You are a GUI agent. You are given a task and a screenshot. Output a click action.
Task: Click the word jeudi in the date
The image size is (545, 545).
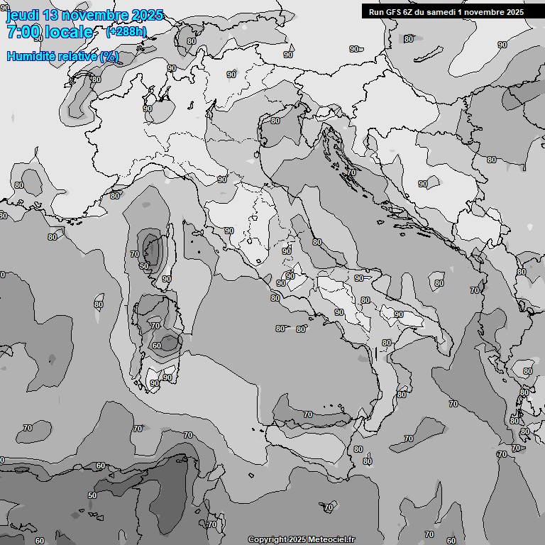coord(22,15)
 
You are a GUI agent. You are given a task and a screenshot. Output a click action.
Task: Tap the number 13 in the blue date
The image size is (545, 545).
coord(50,15)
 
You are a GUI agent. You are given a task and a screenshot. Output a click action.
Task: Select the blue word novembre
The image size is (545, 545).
coord(94,15)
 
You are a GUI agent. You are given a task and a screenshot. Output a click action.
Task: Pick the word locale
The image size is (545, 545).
coord(69,32)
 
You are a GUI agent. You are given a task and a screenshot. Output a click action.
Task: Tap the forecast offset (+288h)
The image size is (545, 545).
coord(126,32)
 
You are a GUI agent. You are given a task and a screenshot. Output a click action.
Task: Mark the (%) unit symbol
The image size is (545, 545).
coord(109,57)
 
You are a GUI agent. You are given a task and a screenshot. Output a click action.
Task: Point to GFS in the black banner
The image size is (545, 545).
coord(395,12)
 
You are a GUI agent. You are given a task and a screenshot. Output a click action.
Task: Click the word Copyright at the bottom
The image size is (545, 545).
coord(267,540)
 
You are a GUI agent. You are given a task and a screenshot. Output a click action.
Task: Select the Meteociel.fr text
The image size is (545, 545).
coord(331,540)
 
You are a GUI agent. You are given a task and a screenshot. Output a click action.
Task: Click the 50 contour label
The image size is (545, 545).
coord(92,495)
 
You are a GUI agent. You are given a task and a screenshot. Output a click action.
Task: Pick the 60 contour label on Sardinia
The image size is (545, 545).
coord(157,346)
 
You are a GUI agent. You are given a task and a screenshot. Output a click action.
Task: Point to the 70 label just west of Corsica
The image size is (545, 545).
coord(135,254)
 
